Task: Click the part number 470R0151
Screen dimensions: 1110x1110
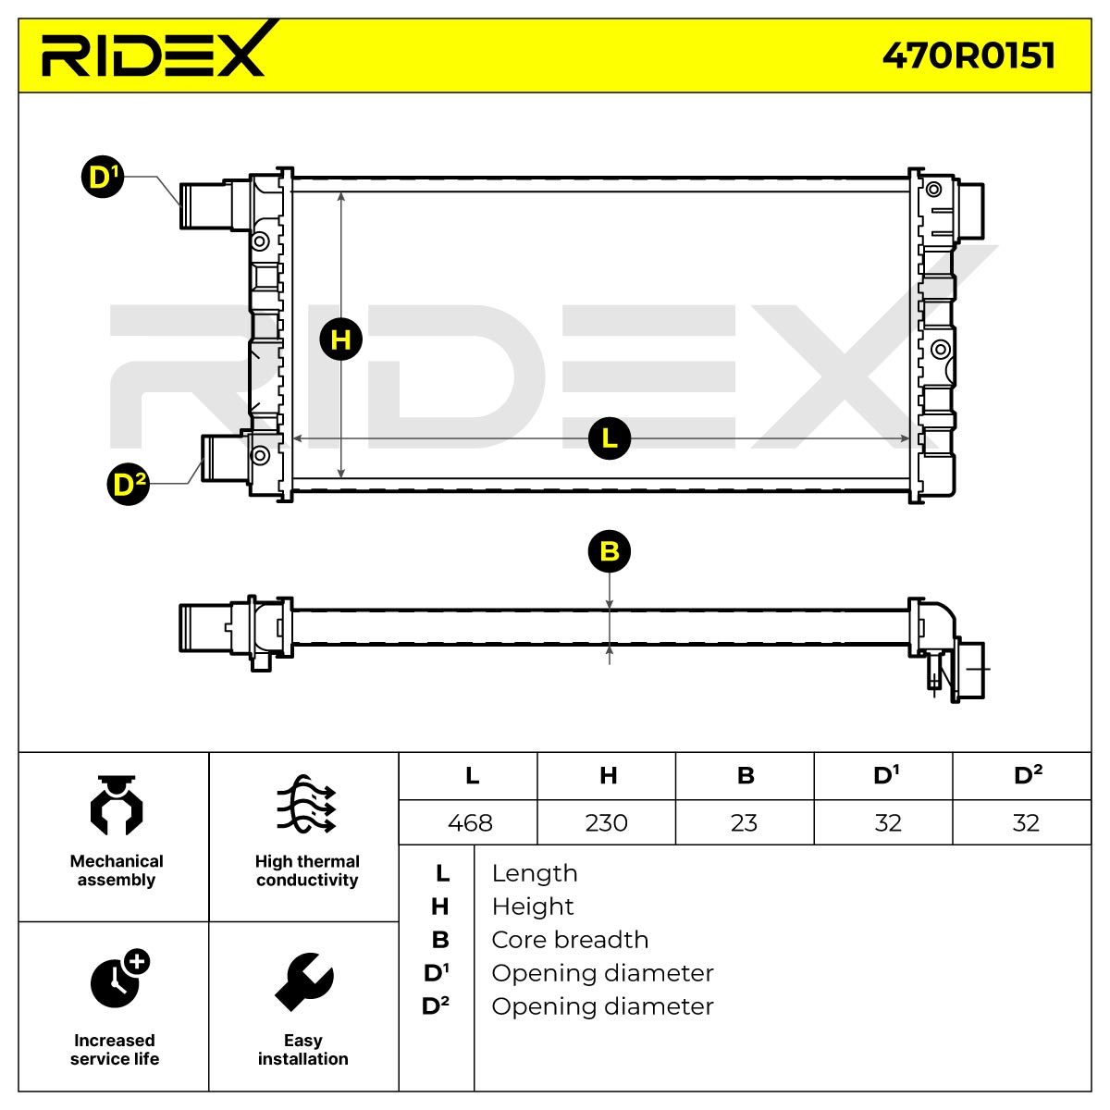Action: point(968,55)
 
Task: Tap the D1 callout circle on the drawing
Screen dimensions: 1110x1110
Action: point(103,177)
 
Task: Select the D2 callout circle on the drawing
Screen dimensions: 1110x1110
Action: point(129,484)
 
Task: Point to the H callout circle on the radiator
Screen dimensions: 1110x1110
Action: point(341,339)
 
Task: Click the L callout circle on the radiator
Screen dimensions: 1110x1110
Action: point(610,438)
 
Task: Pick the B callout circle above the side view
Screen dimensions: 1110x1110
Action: point(610,551)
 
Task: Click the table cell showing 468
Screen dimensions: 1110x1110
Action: point(468,822)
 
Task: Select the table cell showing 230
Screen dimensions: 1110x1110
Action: point(607,822)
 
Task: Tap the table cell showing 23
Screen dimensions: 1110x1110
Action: point(745,822)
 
